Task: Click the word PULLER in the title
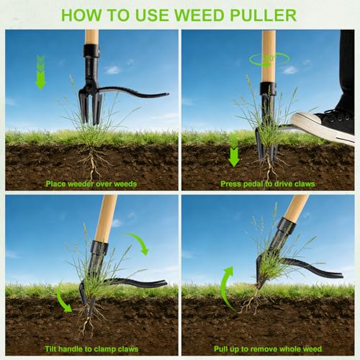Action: click(264, 15)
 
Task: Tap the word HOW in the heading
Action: click(81, 15)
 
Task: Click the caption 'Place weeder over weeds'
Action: click(91, 184)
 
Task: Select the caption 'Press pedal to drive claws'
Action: click(268, 184)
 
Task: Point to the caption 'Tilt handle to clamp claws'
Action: click(91, 348)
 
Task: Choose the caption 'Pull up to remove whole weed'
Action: click(268, 348)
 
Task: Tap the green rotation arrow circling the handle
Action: click(269, 59)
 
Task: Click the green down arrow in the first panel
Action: click(40, 72)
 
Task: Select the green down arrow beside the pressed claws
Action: click(234, 151)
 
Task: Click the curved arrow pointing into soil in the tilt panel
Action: click(63, 297)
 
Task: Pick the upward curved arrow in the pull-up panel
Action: click(225, 288)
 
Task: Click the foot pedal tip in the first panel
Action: click(167, 94)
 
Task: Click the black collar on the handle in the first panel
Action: click(91, 50)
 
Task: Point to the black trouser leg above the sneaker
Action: click(347, 70)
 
